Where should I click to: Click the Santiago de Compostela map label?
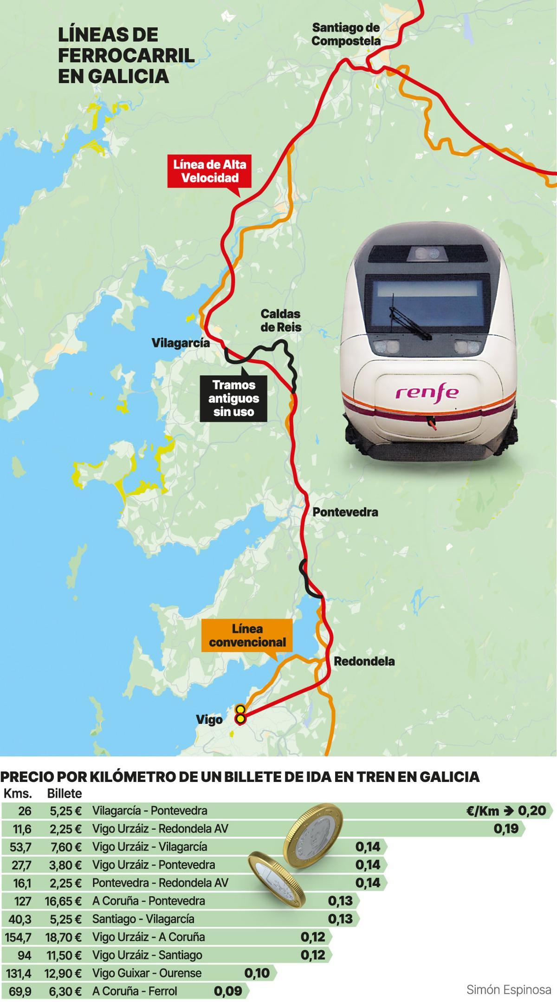click(346, 34)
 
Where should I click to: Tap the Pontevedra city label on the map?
click(345, 512)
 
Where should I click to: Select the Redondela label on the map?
click(364, 661)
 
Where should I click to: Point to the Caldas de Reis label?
click(280, 320)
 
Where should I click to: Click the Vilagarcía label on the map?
click(181, 343)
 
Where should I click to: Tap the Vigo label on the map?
click(209, 720)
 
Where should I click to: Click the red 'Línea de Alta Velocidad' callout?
click(210, 171)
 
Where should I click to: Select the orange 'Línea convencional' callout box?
click(247, 636)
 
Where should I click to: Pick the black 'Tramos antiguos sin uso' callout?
click(233, 398)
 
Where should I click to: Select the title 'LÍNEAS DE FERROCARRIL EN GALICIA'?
click(126, 55)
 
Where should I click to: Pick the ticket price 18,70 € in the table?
click(63, 937)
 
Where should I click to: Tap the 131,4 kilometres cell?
click(19, 973)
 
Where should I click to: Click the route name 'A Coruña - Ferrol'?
click(135, 991)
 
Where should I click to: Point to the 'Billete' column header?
click(65, 793)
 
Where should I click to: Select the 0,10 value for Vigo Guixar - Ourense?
click(257, 973)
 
